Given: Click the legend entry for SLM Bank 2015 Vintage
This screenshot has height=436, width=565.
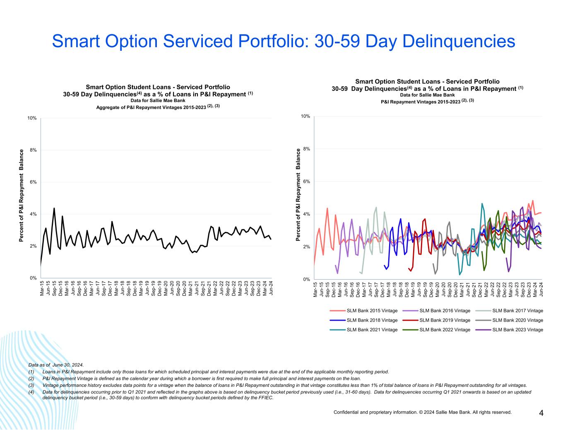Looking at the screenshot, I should (x=372, y=311).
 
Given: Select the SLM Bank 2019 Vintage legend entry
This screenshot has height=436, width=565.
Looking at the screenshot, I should (x=445, y=320).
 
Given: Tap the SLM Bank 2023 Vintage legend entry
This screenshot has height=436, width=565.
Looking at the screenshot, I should (x=517, y=330).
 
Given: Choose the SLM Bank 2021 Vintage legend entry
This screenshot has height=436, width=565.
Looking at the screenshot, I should (x=372, y=330).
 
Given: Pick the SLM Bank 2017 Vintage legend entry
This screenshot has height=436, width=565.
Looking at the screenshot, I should (x=517, y=311).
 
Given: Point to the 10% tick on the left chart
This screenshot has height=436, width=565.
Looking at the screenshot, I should (x=32, y=118).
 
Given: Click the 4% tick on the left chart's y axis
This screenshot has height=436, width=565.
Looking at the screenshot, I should (x=33, y=214).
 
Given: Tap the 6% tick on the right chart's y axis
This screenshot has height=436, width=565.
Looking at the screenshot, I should (x=306, y=181).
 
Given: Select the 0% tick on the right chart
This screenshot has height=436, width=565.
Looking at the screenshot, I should (x=306, y=279).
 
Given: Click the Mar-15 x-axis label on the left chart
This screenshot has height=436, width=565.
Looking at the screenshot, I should (x=42, y=288).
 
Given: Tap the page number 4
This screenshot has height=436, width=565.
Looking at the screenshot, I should (x=541, y=413).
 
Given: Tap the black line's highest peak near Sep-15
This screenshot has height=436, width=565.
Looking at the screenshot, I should (x=54, y=208).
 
